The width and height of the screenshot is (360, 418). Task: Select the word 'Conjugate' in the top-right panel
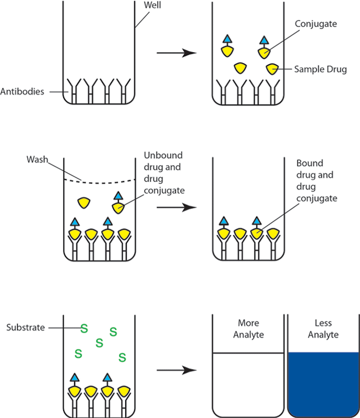tap(316, 25)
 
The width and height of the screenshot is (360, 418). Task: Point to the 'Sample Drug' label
tap(320, 69)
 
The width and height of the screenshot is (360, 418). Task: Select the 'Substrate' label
tap(25, 328)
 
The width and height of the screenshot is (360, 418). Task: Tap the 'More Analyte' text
tap(248, 329)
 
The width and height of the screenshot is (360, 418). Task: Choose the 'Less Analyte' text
tap(323, 329)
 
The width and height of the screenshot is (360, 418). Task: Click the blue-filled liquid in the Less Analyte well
tap(323, 384)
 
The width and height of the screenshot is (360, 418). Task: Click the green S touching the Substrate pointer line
tap(83, 328)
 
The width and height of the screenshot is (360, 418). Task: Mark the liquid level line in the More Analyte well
tap(248, 353)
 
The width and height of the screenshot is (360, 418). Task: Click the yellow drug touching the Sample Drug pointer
tap(272, 68)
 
